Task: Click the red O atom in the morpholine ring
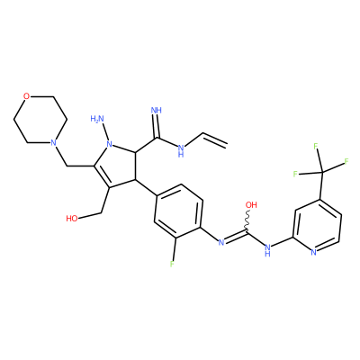(27, 96)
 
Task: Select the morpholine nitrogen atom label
(53, 142)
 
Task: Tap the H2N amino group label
(97, 119)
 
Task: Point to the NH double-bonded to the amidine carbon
(157, 110)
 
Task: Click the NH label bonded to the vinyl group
(181, 150)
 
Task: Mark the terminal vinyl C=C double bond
(214, 139)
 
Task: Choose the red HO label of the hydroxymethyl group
(72, 218)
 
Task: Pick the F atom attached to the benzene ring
(172, 264)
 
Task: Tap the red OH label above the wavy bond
(251, 205)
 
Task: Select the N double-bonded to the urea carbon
(221, 242)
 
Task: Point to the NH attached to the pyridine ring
(268, 249)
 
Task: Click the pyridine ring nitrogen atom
(313, 252)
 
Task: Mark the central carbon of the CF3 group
(322, 173)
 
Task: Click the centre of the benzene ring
(178, 211)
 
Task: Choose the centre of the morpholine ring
(40, 120)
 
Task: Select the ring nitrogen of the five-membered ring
(110, 144)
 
